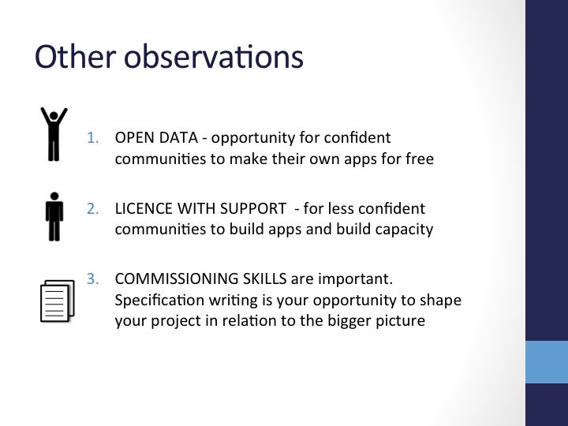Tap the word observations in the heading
pos(214,56)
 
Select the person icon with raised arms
pos(54,134)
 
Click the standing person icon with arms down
pos(54,217)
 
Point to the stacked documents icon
pos(58,301)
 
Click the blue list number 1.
pos(93,137)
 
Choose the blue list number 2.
pos(93,208)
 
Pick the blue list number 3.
pos(93,278)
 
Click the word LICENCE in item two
pos(144,208)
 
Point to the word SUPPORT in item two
pos(253,208)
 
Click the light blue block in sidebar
pos(547,362)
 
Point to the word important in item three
pos(355,279)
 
